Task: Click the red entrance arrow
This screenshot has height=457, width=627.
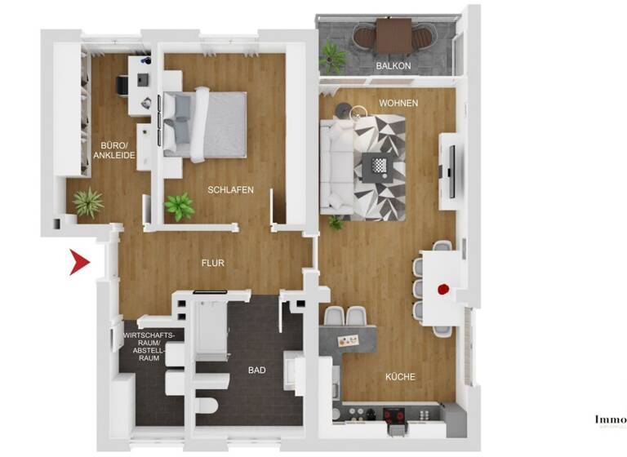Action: (79, 262)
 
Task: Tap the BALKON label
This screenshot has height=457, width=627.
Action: (393, 65)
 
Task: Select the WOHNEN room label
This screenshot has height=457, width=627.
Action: (398, 104)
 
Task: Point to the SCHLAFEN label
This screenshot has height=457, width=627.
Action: (230, 190)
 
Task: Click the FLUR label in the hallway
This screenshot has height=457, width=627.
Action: (213, 264)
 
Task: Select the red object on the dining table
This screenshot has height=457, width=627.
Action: (443, 288)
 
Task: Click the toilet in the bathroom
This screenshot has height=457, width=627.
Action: (208, 405)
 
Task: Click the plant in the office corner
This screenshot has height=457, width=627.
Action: (88, 202)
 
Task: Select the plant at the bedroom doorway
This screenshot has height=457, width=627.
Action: (179, 206)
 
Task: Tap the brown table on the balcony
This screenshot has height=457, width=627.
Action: (394, 35)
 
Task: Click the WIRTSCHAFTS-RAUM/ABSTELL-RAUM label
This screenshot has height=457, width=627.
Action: (147, 347)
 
